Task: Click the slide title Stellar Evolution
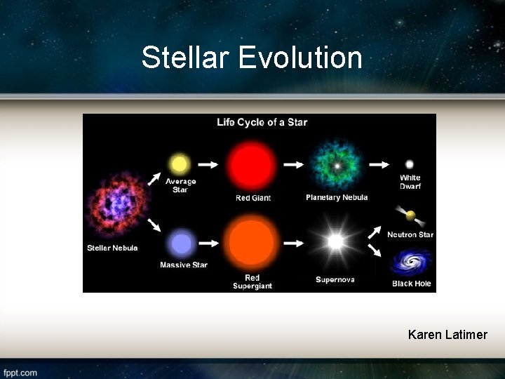pos(252,58)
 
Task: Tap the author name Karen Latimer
pos(447,335)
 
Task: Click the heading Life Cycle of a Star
pos(262,122)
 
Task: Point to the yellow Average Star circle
pos(180,164)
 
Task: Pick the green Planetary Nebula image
pos(337,166)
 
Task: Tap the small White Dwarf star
pos(410,164)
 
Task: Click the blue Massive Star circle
pos(182,244)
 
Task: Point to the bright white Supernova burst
pos(336,242)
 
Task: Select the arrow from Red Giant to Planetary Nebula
pos(293,165)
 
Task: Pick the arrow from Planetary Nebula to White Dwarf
pos(379,164)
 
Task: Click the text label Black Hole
pos(411,284)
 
